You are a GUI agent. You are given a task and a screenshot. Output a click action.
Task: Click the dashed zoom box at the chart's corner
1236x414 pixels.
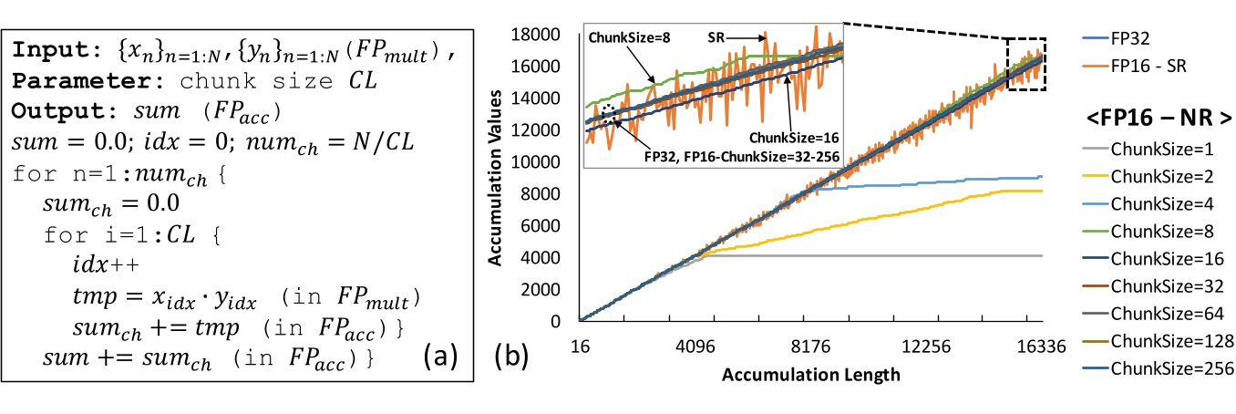click(x=1025, y=62)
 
